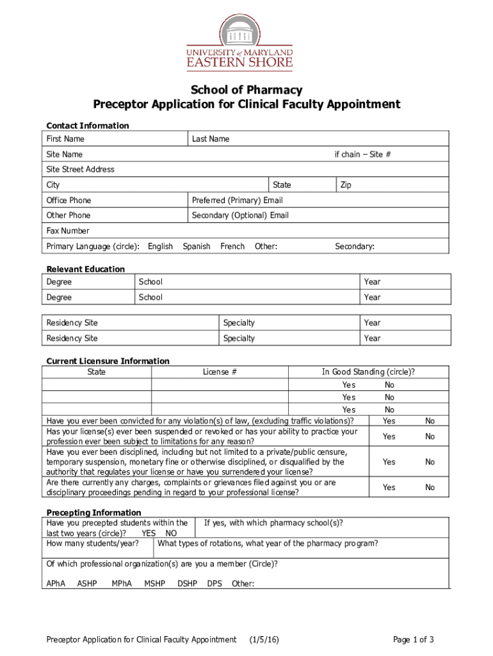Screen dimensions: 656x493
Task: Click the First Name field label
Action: (x=65, y=139)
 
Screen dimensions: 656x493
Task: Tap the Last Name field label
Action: (x=210, y=139)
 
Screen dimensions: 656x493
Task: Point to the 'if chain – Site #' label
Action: (x=362, y=154)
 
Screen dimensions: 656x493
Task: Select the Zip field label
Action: (x=346, y=185)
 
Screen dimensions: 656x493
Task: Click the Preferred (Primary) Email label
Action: (x=237, y=201)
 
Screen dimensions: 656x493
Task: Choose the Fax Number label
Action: (x=68, y=231)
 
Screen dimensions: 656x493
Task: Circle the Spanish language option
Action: (x=196, y=247)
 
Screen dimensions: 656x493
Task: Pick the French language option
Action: (x=232, y=247)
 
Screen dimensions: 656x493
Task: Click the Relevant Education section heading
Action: (x=86, y=269)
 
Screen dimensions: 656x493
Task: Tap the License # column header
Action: (x=220, y=372)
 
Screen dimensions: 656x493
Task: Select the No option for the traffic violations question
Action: (x=430, y=421)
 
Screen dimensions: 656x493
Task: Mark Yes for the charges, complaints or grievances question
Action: (x=389, y=488)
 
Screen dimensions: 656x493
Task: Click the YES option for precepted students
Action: (x=149, y=533)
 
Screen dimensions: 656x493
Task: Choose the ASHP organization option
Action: (x=87, y=584)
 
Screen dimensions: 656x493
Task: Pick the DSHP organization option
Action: (x=187, y=584)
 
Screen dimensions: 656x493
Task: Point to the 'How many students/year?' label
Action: (x=93, y=544)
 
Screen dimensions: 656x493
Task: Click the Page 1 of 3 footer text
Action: (x=414, y=639)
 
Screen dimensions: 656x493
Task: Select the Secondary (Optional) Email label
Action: (x=240, y=215)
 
